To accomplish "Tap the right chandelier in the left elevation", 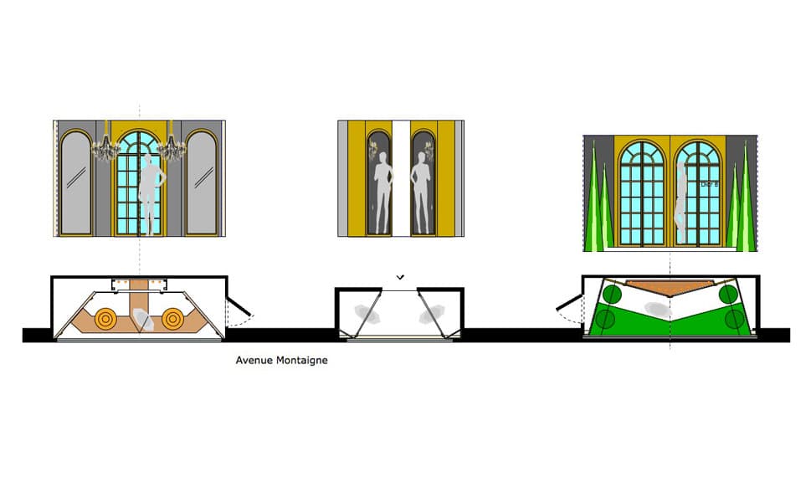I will [x=172, y=146].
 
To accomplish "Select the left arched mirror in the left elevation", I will [x=75, y=184].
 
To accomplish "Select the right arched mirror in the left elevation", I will [x=202, y=184].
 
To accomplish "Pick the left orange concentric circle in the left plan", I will [x=107, y=319].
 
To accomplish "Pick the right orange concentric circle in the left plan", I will [x=173, y=319].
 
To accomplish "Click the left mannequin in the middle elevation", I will [x=383, y=192].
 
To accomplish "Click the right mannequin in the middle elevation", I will [x=421, y=192].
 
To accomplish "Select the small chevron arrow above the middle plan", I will [x=401, y=276].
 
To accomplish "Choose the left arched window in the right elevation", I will [x=643, y=192].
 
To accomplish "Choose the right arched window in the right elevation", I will [x=698, y=192].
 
